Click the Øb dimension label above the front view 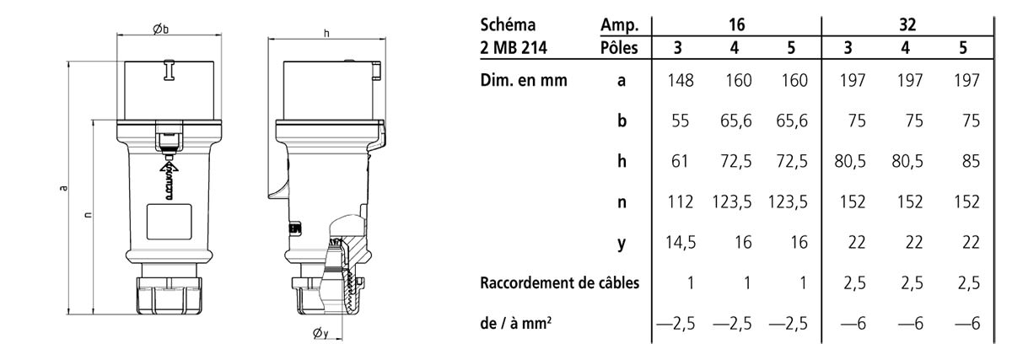(x=161, y=29)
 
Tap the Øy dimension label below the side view (x=320, y=335)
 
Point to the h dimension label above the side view (x=326, y=33)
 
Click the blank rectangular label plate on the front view (x=170, y=223)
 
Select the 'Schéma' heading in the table (x=506, y=24)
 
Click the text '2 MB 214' (x=513, y=47)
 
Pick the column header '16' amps (x=735, y=24)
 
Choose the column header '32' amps (x=907, y=24)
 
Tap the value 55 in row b (x=681, y=121)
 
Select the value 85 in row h (x=970, y=161)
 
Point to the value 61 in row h (x=681, y=161)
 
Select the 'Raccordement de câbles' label (x=559, y=283)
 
